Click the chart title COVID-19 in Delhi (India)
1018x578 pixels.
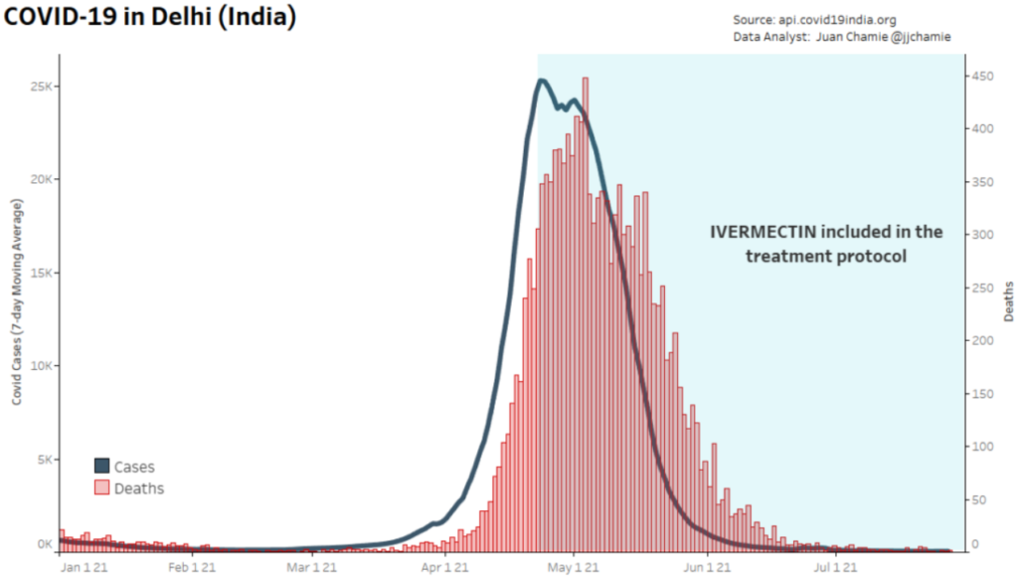150,19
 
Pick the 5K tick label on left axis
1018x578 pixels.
44,459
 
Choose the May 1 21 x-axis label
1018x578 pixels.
574,568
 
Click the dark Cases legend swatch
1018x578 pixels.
101,466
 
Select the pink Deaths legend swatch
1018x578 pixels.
101,487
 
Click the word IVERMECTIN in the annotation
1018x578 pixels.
762,232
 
